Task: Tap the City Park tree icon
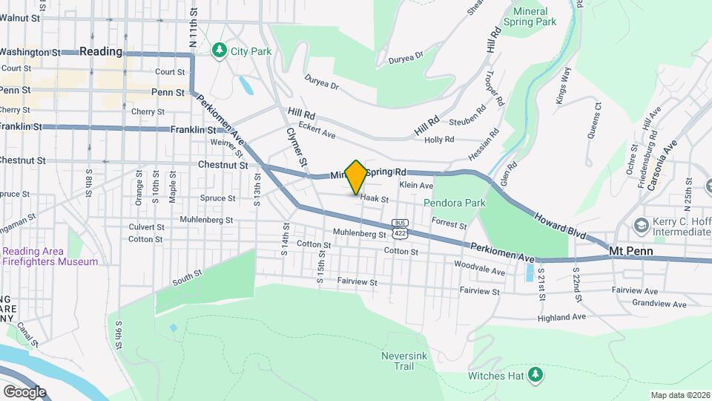click(x=219, y=50)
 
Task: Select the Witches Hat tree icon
click(x=534, y=375)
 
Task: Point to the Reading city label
click(x=100, y=51)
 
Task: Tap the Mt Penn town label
click(x=630, y=251)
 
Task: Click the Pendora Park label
click(x=454, y=202)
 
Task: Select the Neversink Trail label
click(x=402, y=361)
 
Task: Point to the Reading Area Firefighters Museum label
click(x=50, y=256)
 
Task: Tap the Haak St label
click(x=375, y=198)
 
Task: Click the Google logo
click(x=24, y=391)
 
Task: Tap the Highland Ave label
click(x=564, y=316)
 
